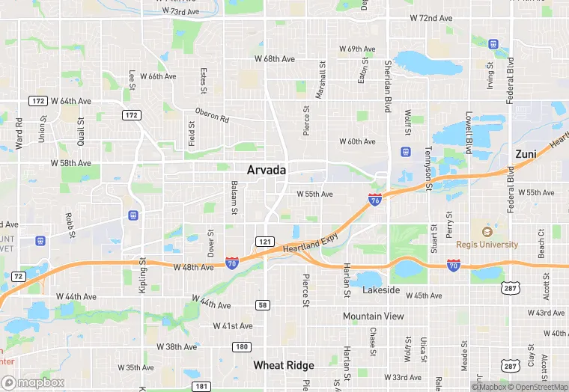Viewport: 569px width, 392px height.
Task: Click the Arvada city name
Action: (x=267, y=171)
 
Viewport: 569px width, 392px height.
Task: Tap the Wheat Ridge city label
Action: (x=284, y=365)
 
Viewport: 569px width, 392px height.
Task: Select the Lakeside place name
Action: (x=381, y=290)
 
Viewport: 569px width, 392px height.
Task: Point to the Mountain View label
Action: (x=374, y=316)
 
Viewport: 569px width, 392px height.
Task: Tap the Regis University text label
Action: (x=487, y=245)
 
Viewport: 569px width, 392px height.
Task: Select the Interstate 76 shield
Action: (x=375, y=200)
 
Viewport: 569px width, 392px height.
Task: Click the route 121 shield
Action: (x=264, y=242)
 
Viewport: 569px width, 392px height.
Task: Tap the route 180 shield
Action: (x=240, y=346)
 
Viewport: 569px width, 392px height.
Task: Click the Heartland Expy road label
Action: (x=310, y=244)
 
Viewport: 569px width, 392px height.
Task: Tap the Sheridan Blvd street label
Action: (x=388, y=86)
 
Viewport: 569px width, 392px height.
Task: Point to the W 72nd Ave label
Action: (x=431, y=18)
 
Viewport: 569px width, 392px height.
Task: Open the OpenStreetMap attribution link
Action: (x=538, y=387)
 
